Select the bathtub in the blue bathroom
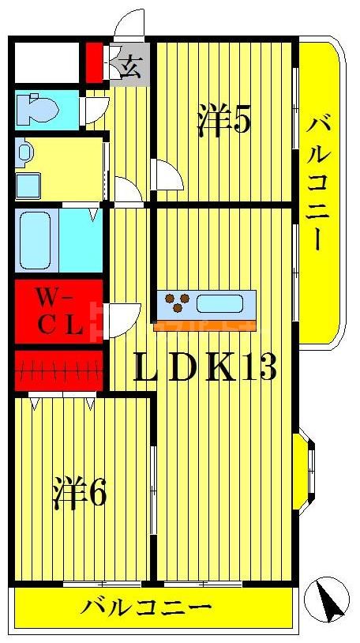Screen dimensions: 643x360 [x=36, y=240]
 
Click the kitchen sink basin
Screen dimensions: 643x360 [x=220, y=303]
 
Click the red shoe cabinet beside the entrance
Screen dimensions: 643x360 [x=94, y=62]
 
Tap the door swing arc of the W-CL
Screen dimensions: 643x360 [x=123, y=318]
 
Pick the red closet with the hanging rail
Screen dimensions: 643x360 [x=58, y=370]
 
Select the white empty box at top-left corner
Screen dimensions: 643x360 [x=46, y=61]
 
